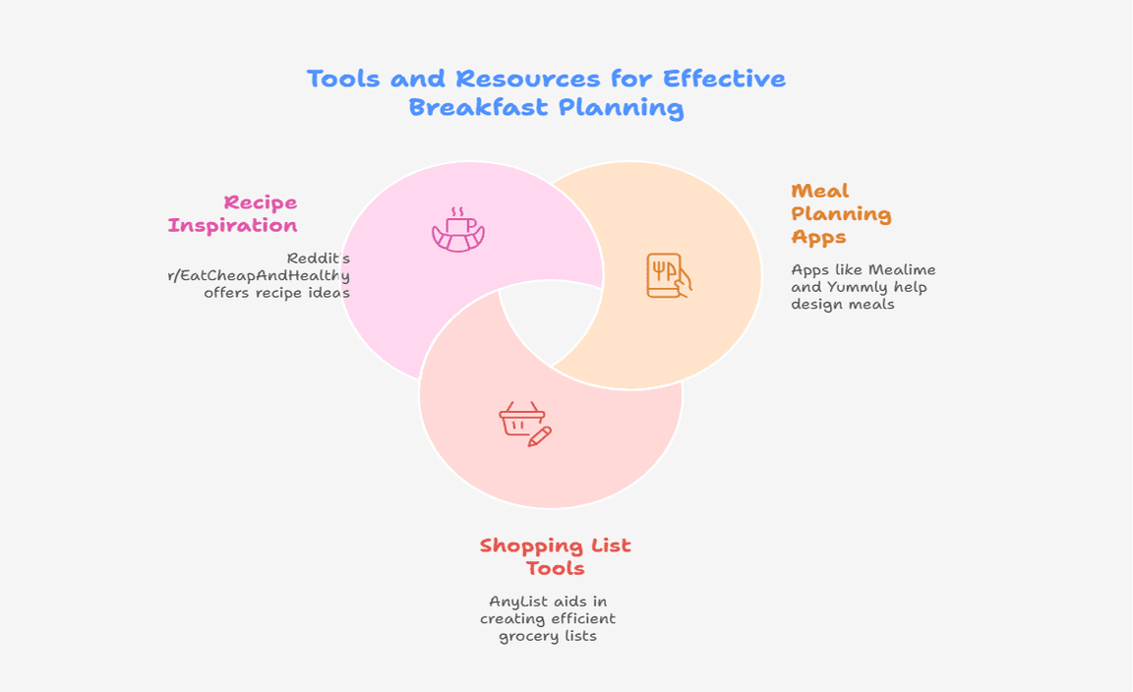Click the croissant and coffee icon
click(458, 230)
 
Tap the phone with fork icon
click(669, 275)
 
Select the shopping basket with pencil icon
click(525, 424)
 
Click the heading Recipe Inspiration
click(233, 214)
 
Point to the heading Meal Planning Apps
click(841, 214)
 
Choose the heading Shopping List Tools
click(555, 556)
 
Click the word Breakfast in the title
click(479, 107)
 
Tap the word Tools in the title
click(344, 78)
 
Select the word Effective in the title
click(724, 78)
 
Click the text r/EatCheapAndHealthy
click(259, 275)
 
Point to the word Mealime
click(902, 269)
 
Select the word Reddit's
click(319, 258)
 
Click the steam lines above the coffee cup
click(457, 211)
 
